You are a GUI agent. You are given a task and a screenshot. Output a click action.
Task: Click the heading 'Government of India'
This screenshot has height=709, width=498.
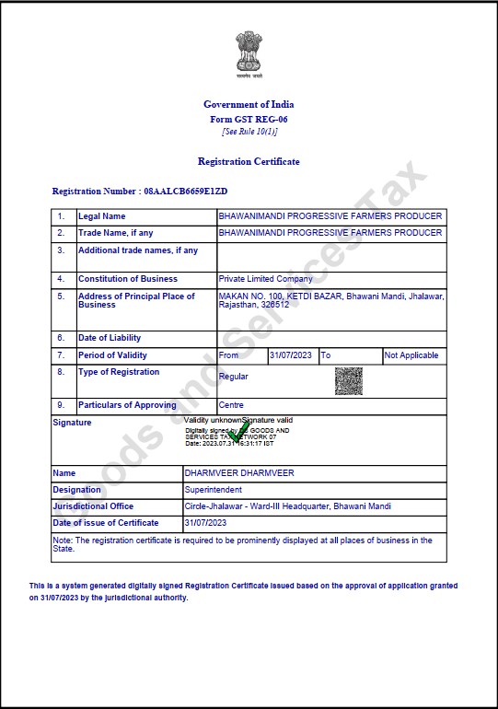[249, 104]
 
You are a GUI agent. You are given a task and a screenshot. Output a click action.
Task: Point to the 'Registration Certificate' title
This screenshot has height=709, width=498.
[249, 161]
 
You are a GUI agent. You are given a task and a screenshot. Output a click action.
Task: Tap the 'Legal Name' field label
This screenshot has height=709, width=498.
[102, 216]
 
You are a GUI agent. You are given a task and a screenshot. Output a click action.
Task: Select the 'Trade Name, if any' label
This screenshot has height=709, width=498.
[116, 233]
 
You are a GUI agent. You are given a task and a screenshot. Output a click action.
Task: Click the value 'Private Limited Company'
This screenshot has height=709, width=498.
[265, 279]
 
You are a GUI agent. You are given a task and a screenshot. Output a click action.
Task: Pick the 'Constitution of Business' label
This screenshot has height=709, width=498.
[128, 279]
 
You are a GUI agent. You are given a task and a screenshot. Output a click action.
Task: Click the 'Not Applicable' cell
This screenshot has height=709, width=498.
[411, 355]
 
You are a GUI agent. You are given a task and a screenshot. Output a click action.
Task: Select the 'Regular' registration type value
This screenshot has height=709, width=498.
[234, 377]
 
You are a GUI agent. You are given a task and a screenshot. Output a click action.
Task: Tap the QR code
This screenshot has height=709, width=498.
[348, 380]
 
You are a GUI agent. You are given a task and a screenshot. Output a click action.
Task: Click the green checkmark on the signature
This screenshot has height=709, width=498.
[238, 431]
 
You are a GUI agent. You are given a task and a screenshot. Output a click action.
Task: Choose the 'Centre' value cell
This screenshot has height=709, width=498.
[231, 405]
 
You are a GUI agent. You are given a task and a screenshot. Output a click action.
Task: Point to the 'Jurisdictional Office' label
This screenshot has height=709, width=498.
[93, 506]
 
